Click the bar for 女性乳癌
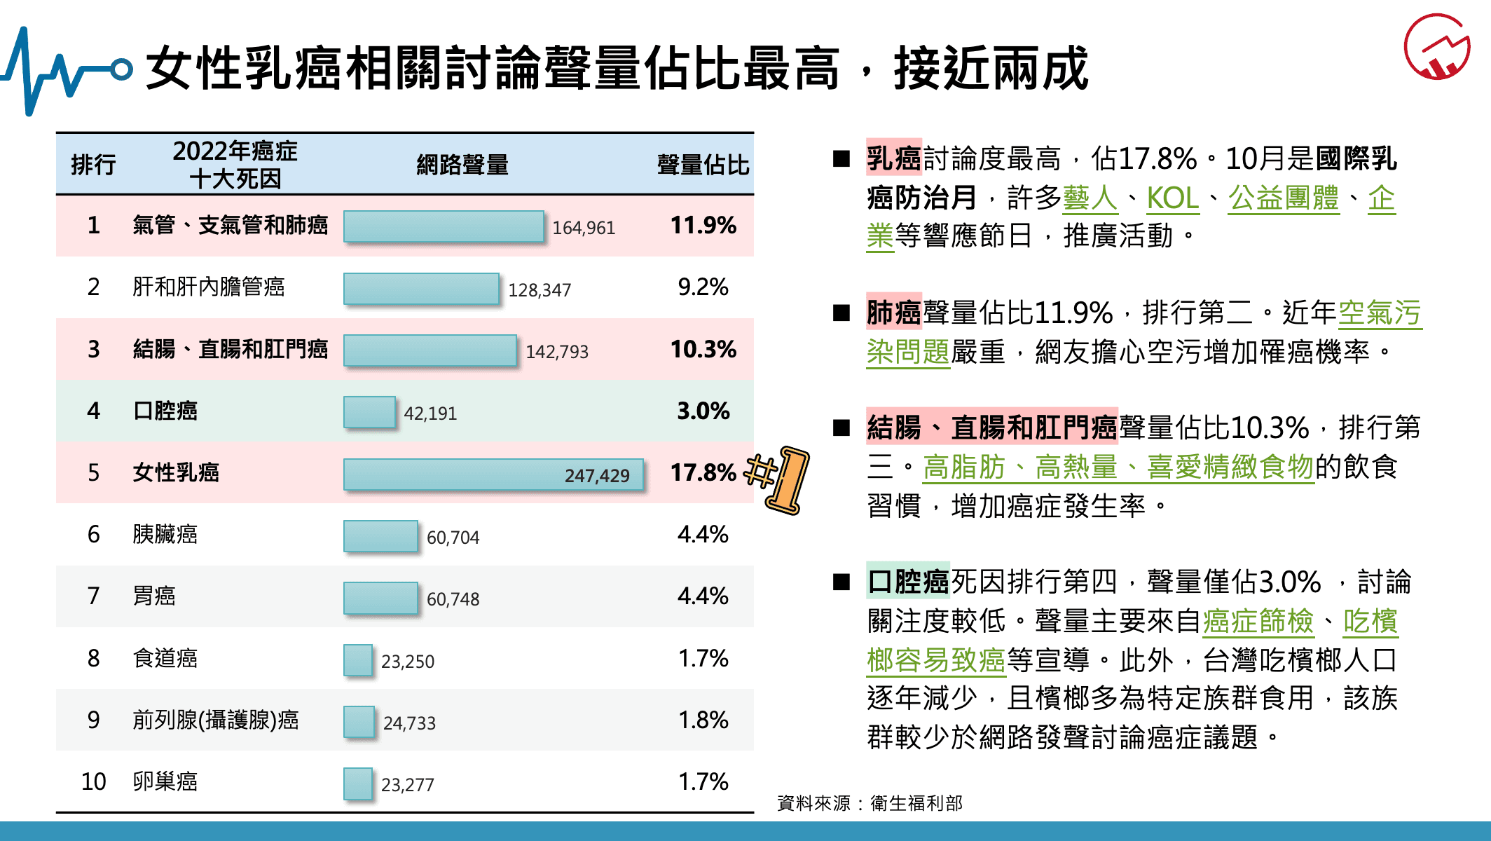pyautogui.click(x=493, y=474)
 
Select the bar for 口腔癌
pyautogui.click(x=369, y=412)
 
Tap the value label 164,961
pyautogui.click(x=584, y=228)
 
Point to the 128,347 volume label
pyautogui.click(x=540, y=290)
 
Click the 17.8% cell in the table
pyautogui.click(x=703, y=473)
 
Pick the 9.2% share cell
pyautogui.click(x=703, y=287)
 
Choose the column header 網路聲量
pyautogui.click(x=462, y=165)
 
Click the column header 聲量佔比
pyautogui.click(x=703, y=165)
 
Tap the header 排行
pyautogui.click(x=93, y=165)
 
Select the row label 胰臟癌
pyautogui.click(x=165, y=535)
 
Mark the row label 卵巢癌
pyautogui.click(x=165, y=781)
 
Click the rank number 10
pyautogui.click(x=93, y=781)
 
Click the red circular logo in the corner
pyautogui.click(x=1437, y=47)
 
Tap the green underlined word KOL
pyautogui.click(x=1172, y=198)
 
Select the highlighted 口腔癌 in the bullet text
pyautogui.click(x=908, y=582)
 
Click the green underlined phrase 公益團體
pyautogui.click(x=1284, y=198)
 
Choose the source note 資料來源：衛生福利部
pyautogui.click(x=870, y=803)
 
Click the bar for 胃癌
pyautogui.click(x=380, y=598)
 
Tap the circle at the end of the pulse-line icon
pyautogui.click(x=122, y=69)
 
